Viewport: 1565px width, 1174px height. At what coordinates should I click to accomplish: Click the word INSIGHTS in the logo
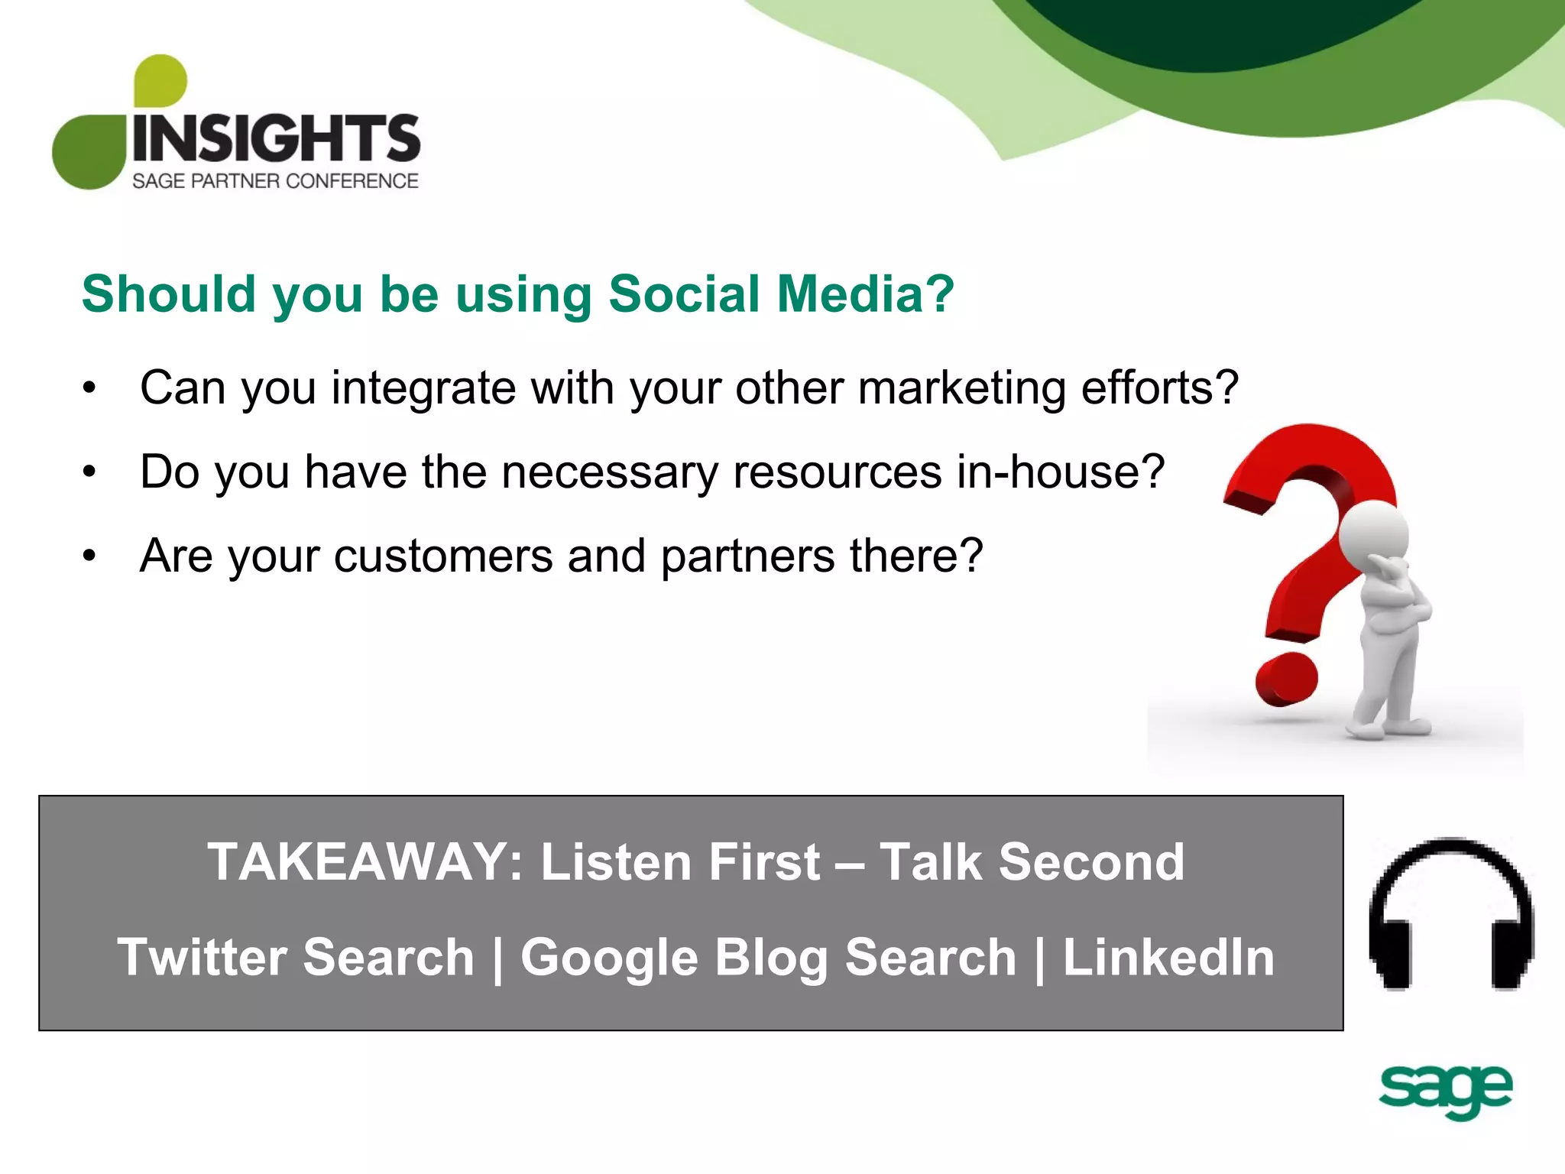point(276,138)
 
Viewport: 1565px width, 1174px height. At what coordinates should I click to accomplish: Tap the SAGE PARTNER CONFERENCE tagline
point(275,181)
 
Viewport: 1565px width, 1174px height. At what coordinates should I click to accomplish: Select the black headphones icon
point(1451,914)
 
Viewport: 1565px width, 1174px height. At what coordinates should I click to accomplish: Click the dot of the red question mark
point(1287,679)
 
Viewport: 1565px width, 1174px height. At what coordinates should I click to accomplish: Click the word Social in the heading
point(684,294)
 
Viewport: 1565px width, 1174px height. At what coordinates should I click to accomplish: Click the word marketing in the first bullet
point(961,388)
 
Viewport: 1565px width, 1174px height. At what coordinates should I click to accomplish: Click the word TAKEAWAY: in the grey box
point(365,862)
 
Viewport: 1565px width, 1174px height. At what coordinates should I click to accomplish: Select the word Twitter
point(201,957)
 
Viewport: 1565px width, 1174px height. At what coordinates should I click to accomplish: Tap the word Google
point(609,958)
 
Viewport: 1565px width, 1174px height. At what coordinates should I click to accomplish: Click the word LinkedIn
point(1168,957)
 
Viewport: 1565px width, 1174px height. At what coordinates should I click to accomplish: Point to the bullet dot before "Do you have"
point(89,472)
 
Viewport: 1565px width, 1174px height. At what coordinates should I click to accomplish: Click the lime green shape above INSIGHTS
point(160,80)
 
